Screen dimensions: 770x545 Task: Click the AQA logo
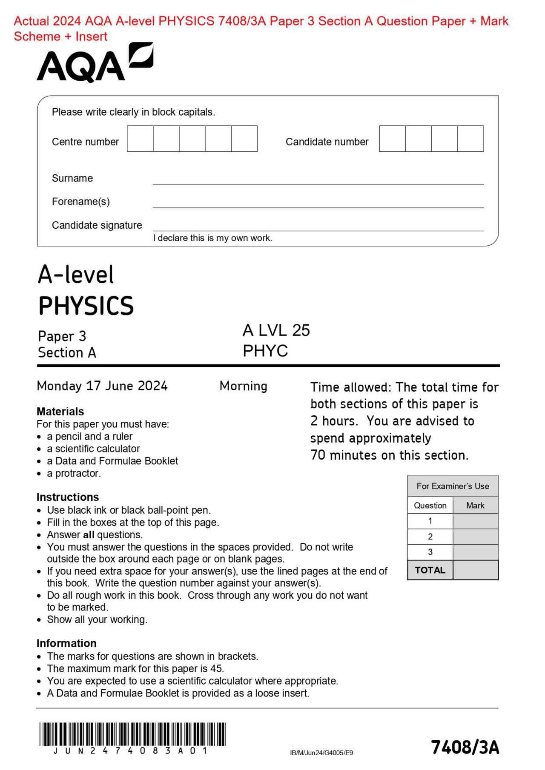(x=95, y=63)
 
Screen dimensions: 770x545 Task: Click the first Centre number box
(x=140, y=139)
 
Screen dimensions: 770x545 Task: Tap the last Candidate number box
(x=470, y=139)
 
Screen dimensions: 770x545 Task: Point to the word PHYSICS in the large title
(x=86, y=306)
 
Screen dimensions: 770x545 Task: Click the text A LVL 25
(x=276, y=330)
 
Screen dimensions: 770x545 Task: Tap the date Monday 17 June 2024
(x=102, y=386)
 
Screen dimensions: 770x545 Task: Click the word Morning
(x=244, y=386)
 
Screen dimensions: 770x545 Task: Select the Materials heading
(x=60, y=412)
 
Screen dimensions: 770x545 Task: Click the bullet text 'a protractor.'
(x=74, y=473)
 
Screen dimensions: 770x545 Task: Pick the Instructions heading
(x=68, y=497)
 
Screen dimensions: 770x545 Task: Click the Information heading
(x=66, y=643)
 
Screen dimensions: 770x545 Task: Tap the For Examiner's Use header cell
(x=453, y=486)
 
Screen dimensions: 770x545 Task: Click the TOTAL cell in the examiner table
(x=430, y=570)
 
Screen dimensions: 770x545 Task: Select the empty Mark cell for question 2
(x=475, y=537)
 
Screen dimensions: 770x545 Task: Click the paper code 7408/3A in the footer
(x=465, y=747)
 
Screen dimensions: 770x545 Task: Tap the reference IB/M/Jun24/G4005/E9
(x=321, y=753)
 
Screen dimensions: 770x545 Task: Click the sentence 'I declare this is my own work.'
(x=212, y=238)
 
